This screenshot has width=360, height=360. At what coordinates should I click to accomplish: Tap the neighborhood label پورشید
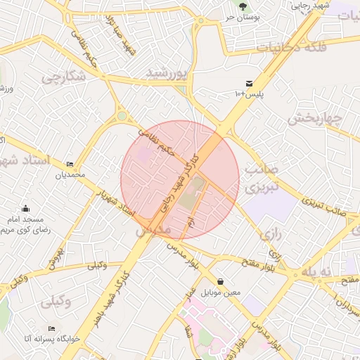(167, 73)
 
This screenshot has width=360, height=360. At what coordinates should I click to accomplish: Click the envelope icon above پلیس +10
(249, 83)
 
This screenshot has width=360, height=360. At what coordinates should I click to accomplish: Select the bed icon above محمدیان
(69, 163)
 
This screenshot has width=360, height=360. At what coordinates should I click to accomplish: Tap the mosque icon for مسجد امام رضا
(26, 208)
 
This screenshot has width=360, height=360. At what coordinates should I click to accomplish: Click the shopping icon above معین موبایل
(221, 281)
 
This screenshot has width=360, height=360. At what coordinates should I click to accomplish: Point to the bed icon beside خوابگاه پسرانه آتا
(51, 328)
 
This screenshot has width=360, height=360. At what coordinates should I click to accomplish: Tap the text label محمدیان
(70, 174)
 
